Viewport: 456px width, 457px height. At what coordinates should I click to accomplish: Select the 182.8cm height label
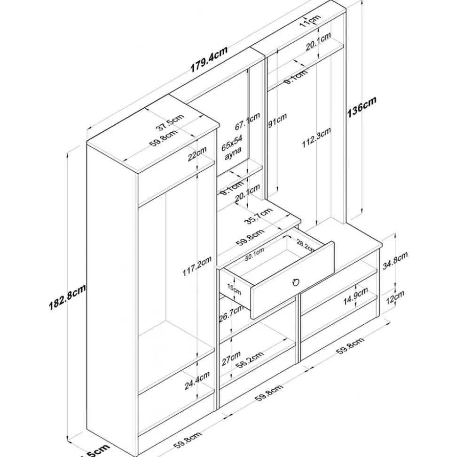67,298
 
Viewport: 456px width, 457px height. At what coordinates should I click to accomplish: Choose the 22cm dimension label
197,154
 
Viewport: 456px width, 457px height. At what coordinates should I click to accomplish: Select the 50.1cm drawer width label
254,254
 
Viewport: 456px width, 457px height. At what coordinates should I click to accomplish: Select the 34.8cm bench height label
394,260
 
